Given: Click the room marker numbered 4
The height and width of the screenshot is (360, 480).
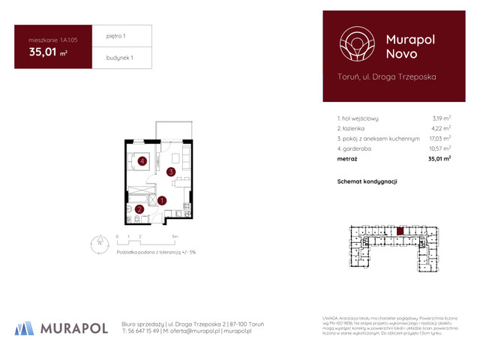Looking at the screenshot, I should pyautogui.click(x=142, y=160).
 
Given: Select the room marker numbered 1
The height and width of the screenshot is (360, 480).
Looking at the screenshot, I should pyautogui.click(x=163, y=200).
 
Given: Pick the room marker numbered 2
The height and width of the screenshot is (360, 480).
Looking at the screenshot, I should pyautogui.click(x=140, y=209).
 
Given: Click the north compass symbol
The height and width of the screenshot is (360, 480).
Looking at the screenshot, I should pyautogui.click(x=98, y=241).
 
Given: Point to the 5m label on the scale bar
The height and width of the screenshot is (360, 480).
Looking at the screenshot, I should pyautogui.click(x=175, y=235).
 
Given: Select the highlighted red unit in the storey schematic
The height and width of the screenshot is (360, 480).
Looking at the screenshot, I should pyautogui.click(x=400, y=232).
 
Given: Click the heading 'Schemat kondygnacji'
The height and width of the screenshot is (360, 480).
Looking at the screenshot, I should pyautogui.click(x=367, y=181).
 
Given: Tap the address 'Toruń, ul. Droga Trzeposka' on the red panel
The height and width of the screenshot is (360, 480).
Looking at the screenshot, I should pyautogui.click(x=387, y=76).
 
